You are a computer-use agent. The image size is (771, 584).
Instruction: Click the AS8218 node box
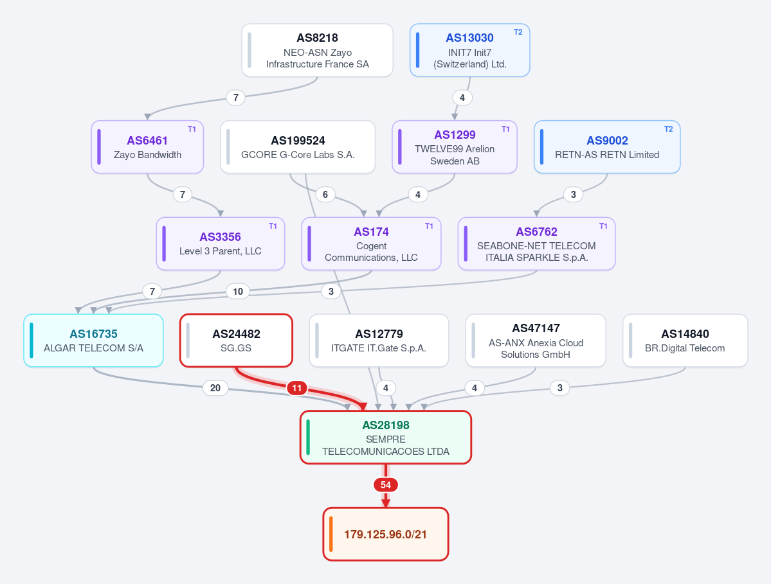(x=317, y=50)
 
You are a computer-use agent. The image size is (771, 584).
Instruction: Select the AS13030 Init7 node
(x=469, y=50)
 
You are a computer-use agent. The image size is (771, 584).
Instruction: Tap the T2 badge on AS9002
(x=668, y=129)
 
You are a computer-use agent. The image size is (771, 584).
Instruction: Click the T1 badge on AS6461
(x=192, y=129)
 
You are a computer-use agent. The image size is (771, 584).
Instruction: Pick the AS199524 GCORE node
(x=298, y=147)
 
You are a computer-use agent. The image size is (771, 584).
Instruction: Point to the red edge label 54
(x=386, y=485)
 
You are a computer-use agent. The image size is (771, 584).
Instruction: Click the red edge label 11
(x=297, y=389)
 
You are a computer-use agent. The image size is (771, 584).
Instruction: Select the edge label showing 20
(x=215, y=388)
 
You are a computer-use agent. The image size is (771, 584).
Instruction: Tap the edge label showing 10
(x=238, y=292)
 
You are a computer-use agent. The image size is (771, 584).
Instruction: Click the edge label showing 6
(x=325, y=195)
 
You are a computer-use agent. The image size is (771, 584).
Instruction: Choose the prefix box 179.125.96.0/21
(x=386, y=534)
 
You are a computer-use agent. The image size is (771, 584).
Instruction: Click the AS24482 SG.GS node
(x=236, y=341)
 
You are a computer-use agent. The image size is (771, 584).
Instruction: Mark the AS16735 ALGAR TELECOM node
(x=93, y=341)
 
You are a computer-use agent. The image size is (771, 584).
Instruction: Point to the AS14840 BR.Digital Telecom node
(x=685, y=341)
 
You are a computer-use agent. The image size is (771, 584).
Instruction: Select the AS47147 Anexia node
(x=536, y=341)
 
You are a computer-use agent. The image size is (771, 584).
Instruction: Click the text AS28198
(x=386, y=425)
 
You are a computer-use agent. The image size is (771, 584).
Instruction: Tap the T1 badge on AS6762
(x=603, y=226)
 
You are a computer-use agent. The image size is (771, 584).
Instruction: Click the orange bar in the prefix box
(x=331, y=534)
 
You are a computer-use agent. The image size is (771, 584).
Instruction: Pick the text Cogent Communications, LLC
(x=371, y=251)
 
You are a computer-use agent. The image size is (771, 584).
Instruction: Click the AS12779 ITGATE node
(x=379, y=341)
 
